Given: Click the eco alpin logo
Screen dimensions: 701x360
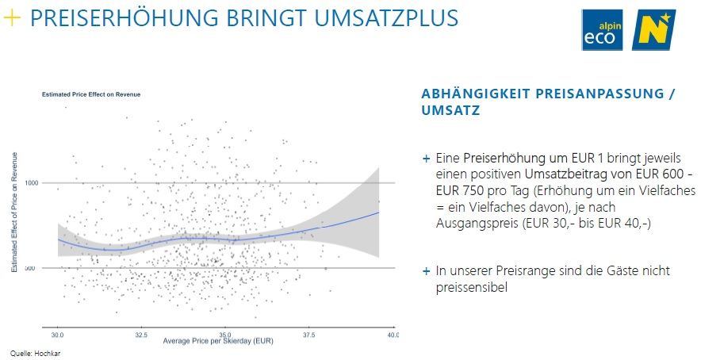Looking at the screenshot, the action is coord(602,30).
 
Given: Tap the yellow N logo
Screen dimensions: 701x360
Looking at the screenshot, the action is coord(653,30).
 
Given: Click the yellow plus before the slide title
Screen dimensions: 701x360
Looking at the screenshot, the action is coord(12,18).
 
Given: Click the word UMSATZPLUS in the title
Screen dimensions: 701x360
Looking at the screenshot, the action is coord(386,18).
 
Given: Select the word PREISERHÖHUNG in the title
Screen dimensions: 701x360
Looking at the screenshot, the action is coord(124,18).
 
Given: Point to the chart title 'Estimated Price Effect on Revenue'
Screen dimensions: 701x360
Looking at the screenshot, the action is coord(91,94).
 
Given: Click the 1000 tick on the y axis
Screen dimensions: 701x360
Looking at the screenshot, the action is coord(31,183).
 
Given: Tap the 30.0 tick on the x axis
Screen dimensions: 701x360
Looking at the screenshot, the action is coord(57,335).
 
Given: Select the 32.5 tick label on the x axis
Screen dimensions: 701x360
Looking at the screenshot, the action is coord(141,335).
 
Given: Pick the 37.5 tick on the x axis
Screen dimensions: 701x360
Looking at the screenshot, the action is coord(309,335).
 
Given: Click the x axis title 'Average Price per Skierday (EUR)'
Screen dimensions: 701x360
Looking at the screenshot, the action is coord(218,341).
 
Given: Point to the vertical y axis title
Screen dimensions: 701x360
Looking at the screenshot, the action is coord(14,212).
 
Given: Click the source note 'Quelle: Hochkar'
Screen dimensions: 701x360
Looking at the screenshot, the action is coord(36,354).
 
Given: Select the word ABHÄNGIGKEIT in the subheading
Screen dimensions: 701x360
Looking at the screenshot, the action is coord(475,94).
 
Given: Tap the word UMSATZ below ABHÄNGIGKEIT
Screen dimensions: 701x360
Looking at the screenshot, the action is coord(450,110).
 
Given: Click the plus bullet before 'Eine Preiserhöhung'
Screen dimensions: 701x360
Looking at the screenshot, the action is coord(427,159).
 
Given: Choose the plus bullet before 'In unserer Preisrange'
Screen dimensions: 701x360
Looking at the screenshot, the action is coord(427,271).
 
